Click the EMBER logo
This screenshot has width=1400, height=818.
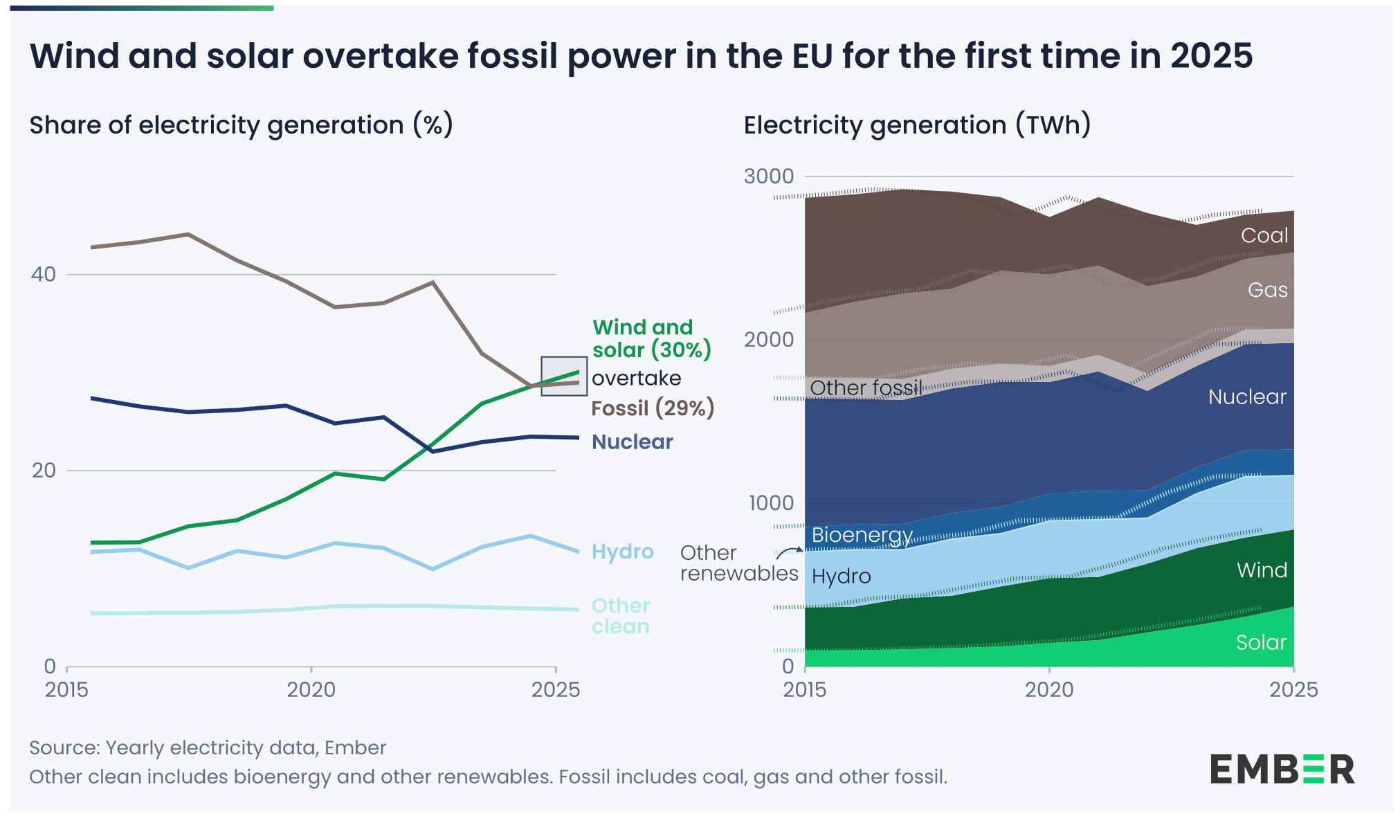tap(1282, 770)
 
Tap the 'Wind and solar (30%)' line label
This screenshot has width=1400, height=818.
tap(651, 338)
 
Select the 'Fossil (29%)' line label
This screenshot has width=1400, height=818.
tap(652, 408)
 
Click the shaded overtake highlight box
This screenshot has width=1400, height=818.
tap(563, 376)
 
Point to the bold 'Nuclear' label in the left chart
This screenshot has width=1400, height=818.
tap(632, 442)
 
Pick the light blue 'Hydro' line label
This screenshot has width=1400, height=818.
tap(622, 552)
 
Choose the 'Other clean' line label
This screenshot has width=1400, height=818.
tap(620, 616)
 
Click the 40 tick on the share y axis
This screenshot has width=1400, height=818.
tap(43, 274)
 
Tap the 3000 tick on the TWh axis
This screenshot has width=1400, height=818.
tap(768, 176)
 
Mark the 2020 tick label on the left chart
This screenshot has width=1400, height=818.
tap(311, 689)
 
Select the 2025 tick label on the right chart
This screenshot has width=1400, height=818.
tap(1293, 689)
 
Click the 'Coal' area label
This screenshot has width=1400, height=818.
tap(1264, 235)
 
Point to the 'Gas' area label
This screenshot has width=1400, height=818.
tap(1267, 290)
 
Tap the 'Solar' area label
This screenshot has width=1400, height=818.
tap(1260, 642)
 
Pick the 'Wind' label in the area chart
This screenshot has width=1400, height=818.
tap(1262, 570)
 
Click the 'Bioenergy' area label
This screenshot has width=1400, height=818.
tap(862, 535)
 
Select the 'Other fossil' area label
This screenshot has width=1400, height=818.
tap(865, 388)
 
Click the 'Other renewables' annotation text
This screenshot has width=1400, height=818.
tap(738, 563)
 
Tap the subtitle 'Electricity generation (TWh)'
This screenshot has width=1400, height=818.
tap(916, 125)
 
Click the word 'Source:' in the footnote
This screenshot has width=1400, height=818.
tap(64, 748)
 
